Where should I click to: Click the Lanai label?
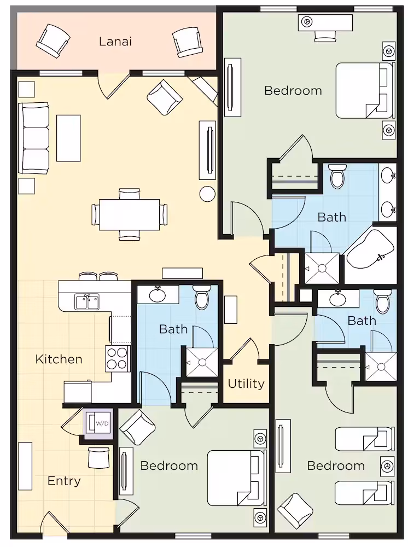[115, 42]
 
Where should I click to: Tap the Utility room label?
[246, 384]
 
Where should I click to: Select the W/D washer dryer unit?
[98, 423]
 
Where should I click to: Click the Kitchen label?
[59, 359]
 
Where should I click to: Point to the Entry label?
[64, 481]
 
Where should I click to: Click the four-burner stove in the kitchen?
[117, 359]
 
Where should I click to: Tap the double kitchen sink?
[87, 302]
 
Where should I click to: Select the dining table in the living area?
[130, 214]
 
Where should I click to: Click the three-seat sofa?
[34, 138]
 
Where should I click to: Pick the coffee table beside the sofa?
[69, 138]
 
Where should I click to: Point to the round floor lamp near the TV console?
[207, 194]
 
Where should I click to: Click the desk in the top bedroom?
[325, 22]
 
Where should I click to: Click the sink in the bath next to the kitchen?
[158, 295]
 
